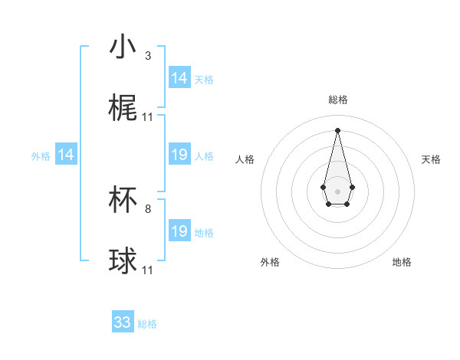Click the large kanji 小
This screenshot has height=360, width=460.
pyautogui.click(x=123, y=47)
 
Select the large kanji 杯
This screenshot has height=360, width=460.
pyautogui.click(x=123, y=200)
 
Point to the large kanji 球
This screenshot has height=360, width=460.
pyautogui.click(x=123, y=261)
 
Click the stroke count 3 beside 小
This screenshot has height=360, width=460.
pyautogui.click(x=148, y=56)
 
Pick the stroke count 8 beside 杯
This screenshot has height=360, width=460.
pyautogui.click(x=148, y=208)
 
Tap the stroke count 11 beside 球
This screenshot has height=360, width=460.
pyautogui.click(x=148, y=270)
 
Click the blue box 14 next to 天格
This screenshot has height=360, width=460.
pyautogui.click(x=179, y=78)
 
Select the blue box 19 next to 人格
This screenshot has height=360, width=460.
pyautogui.click(x=179, y=155)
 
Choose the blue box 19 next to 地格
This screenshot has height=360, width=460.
pyautogui.click(x=179, y=231)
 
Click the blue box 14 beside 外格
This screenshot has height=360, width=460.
pyautogui.click(x=66, y=155)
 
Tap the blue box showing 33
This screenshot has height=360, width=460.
pyautogui.click(x=123, y=322)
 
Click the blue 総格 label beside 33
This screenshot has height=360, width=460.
pyautogui.click(x=147, y=324)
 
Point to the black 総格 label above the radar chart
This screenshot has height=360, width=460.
pyautogui.click(x=337, y=100)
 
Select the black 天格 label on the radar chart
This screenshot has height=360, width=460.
pyautogui.click(x=431, y=159)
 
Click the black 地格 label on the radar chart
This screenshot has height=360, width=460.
pyautogui.click(x=402, y=262)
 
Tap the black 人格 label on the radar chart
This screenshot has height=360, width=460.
pyautogui.click(x=245, y=159)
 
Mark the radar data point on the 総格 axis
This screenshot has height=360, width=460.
pyautogui.click(x=337, y=129)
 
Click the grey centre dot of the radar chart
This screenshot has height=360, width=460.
pyautogui.click(x=337, y=190)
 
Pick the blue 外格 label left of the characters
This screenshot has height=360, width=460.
pyautogui.click(x=41, y=156)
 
